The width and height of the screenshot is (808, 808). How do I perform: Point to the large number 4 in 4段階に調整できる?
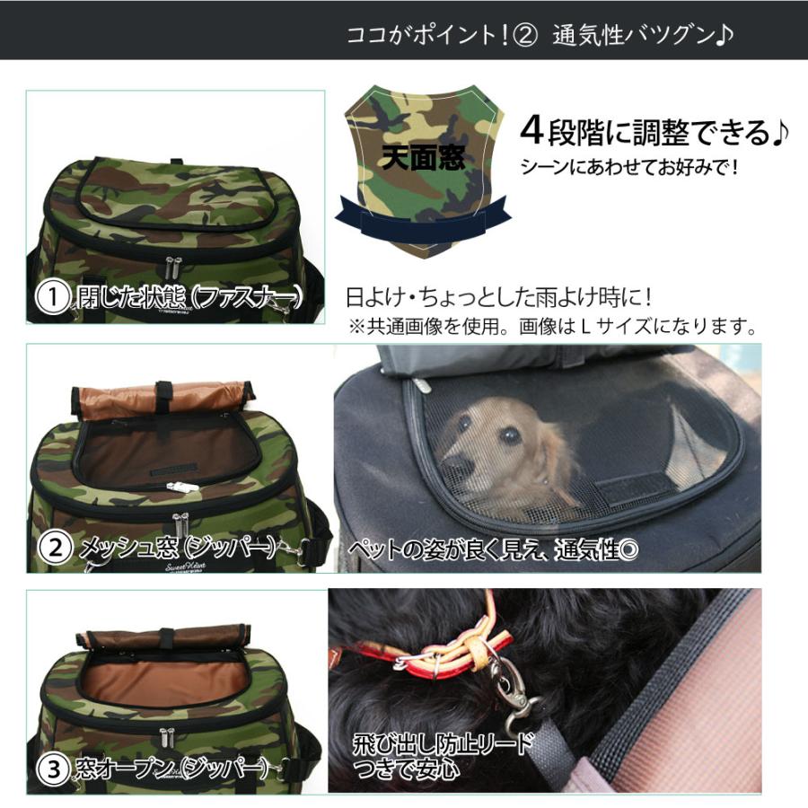[x=533, y=132]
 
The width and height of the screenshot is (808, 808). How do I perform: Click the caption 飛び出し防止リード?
[x=444, y=743]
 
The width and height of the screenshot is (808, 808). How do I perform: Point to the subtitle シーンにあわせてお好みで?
[x=629, y=168]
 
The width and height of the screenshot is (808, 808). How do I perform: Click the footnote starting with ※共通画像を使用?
[x=552, y=325]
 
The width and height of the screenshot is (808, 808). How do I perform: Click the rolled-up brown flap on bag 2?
[x=162, y=397]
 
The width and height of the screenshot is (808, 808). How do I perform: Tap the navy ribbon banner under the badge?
[x=422, y=223]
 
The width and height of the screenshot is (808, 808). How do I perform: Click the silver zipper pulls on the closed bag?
[x=171, y=266]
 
